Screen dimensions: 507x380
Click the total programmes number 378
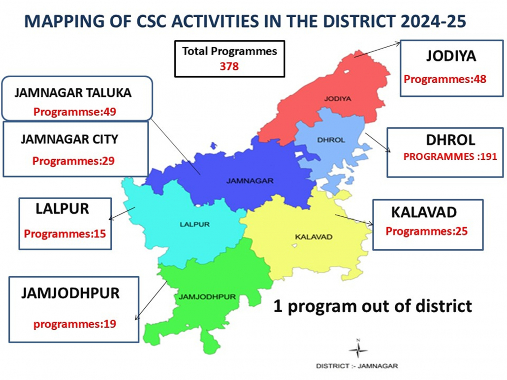click(x=229, y=66)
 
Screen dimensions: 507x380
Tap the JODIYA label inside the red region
click(x=338, y=99)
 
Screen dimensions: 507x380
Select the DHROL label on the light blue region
click(x=331, y=140)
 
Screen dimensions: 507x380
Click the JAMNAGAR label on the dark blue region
click(x=250, y=181)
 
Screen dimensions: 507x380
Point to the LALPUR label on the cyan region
click(x=194, y=224)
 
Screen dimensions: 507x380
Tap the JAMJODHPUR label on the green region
click(x=207, y=297)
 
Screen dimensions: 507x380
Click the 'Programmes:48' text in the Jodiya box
click(x=445, y=79)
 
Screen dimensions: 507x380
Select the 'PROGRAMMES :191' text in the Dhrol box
click(x=450, y=157)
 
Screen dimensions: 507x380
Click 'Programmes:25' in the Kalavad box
click(x=426, y=231)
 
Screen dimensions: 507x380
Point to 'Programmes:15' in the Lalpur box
click(x=65, y=234)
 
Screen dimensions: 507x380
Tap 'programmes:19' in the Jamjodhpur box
click(x=75, y=324)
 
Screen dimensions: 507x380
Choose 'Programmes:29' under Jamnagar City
click(x=73, y=161)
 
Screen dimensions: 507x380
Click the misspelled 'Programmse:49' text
click(x=75, y=112)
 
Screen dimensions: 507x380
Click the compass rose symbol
click(x=358, y=350)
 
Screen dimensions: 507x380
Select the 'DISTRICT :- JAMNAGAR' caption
click(x=357, y=366)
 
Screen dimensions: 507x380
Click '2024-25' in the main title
click(x=433, y=21)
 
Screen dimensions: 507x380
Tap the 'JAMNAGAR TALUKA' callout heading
click(x=73, y=93)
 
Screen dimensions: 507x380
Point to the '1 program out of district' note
click(x=373, y=306)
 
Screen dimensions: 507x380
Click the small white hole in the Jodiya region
click(x=347, y=72)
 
